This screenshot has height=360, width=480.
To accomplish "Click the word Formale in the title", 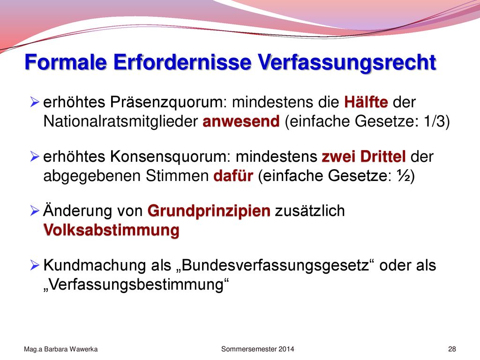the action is [66, 62].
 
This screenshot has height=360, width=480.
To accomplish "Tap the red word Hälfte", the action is [366, 102].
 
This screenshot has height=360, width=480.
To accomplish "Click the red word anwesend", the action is [241, 121].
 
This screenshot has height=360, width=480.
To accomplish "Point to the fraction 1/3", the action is [434, 121].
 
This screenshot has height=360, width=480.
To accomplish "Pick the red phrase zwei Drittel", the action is [364, 157].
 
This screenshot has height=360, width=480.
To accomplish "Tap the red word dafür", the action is [233, 176].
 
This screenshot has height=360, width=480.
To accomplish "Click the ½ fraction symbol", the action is [403, 176].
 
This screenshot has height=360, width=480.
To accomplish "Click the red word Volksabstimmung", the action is [112, 230].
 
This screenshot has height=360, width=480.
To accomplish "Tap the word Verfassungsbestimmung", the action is [136, 285].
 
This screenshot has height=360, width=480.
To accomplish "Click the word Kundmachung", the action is [95, 265].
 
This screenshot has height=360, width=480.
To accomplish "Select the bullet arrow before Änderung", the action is [35, 210].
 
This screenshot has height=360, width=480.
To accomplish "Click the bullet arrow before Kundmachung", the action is [35, 265].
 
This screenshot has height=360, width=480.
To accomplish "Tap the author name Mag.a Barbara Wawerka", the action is [60, 349].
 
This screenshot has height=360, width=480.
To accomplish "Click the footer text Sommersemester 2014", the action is [257, 349].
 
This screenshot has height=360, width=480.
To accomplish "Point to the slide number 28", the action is [452, 349].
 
